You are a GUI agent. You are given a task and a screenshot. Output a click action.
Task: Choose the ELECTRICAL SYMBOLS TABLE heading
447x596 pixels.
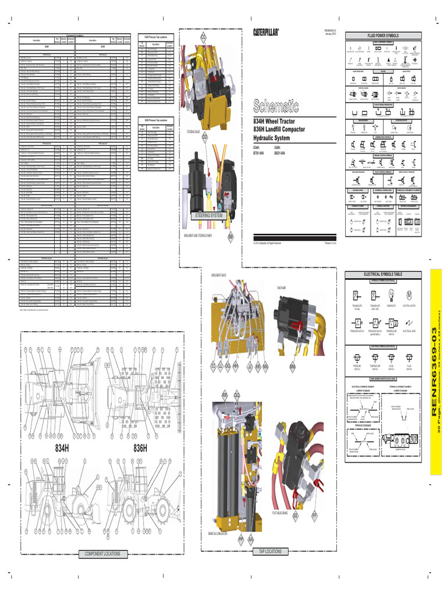383,274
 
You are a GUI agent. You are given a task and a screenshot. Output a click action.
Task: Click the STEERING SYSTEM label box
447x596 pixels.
209,215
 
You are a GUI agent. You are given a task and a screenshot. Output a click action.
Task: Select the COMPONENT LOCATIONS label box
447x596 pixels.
102,554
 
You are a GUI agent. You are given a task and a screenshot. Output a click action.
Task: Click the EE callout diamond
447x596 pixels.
296,516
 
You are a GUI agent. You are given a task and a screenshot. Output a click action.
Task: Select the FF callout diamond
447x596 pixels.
314,516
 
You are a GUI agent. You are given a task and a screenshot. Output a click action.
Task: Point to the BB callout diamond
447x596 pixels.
230,237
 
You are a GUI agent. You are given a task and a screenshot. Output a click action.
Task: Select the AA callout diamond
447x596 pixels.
251,540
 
